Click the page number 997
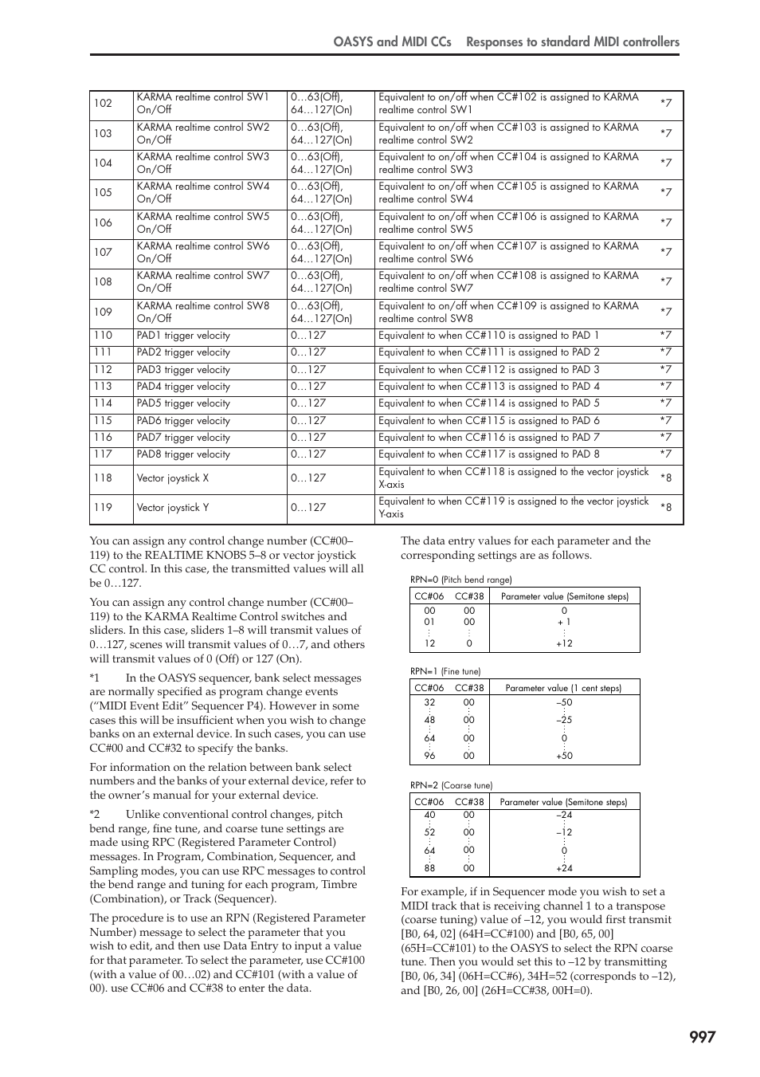(x=702, y=1036)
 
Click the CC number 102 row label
(x=103, y=104)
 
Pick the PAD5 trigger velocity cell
(x=183, y=403)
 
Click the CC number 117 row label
(x=103, y=454)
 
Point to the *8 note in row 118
(x=665, y=478)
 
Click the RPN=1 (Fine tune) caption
(x=445, y=672)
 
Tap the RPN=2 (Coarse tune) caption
(x=451, y=786)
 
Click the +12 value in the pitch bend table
(x=564, y=643)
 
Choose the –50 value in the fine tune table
(x=564, y=703)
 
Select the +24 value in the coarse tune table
(x=564, y=869)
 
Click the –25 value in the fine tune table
(x=564, y=720)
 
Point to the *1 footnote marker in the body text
(x=95, y=678)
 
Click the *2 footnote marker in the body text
(x=95, y=815)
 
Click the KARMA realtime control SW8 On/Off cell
(x=202, y=312)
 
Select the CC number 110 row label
(x=103, y=336)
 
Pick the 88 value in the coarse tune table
(x=429, y=869)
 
